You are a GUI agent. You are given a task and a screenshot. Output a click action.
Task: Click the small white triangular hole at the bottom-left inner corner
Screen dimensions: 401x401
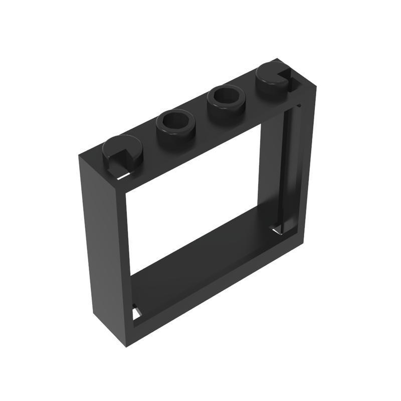[136, 313]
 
